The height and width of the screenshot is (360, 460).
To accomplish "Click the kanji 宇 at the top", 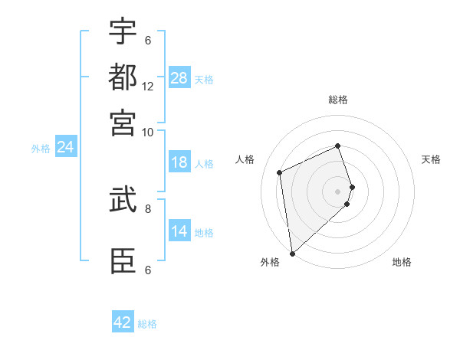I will coord(123,31).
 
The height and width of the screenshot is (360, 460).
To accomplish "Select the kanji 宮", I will coord(123,122).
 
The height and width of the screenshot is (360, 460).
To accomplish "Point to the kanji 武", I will coord(123,200).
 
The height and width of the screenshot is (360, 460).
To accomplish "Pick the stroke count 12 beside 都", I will coord(148,86).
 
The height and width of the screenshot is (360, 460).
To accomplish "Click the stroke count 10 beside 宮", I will coord(148,132).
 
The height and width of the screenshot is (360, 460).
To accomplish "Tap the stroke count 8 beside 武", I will coord(148,208).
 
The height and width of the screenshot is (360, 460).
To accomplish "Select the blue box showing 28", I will coord(179,78).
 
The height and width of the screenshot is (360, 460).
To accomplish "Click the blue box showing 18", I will coord(179,162).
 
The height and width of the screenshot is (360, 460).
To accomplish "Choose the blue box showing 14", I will coord(179,231).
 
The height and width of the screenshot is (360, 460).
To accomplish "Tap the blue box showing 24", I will coord(65,147).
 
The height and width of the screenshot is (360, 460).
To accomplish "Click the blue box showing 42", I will coord(123,322).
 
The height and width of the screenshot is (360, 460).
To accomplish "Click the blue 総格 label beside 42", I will coord(147,324).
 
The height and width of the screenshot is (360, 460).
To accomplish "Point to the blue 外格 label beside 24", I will coord(41,149).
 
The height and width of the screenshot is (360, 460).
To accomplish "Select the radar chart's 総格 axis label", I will coord(338,100).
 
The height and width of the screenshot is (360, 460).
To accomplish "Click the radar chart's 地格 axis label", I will coord(402,262).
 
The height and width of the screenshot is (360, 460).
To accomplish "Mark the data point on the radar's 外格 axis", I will coord(292,254).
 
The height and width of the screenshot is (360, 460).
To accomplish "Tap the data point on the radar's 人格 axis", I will coord(280,172).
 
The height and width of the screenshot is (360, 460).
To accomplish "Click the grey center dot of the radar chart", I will coord(338,191).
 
